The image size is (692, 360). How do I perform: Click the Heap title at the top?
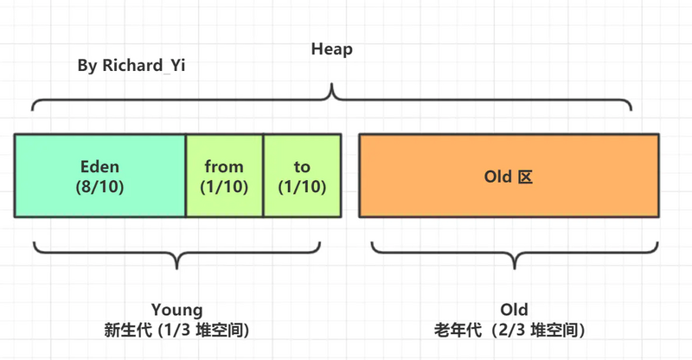332,49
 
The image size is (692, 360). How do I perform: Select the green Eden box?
100,176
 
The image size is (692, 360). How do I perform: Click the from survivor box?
224,176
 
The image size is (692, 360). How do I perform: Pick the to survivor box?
302,176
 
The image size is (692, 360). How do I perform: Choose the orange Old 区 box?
509,176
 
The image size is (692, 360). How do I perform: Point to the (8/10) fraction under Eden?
100,186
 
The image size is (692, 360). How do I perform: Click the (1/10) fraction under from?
224,186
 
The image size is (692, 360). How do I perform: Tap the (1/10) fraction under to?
302,186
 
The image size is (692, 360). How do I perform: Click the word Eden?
100,166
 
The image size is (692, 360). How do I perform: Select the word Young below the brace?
176,310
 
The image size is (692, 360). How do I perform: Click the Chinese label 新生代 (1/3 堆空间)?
176,330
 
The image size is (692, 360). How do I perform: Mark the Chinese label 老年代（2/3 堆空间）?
512,330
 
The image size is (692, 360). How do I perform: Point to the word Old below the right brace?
514,310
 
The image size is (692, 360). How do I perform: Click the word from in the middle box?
224,166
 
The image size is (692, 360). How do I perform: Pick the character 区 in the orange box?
524,177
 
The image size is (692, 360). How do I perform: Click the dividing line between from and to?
263,176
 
